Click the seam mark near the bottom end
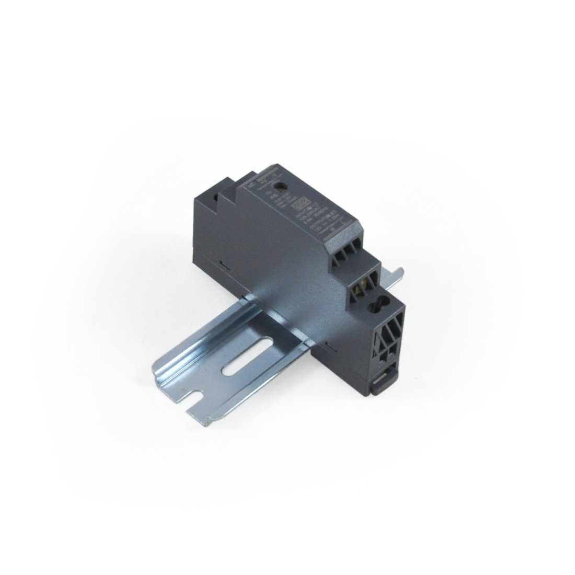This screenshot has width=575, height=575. click(328, 344)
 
